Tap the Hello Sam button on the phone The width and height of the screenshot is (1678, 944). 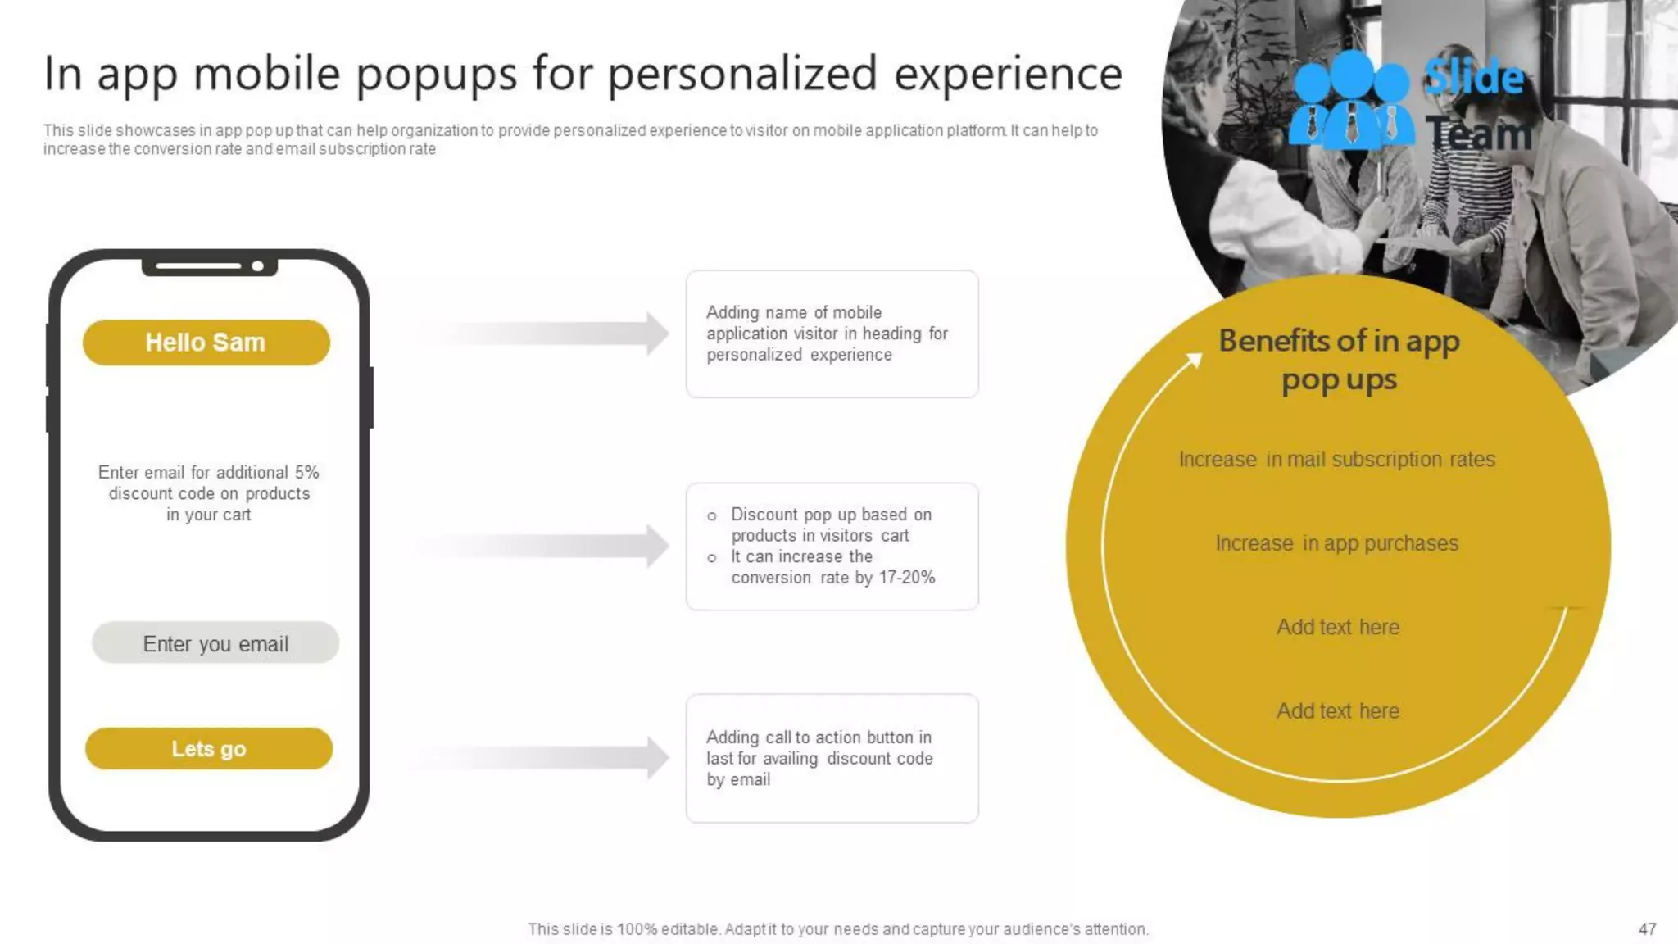(x=206, y=343)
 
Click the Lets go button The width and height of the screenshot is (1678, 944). (x=208, y=748)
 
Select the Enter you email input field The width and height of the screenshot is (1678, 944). (x=215, y=643)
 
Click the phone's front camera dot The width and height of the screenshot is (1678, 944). (x=257, y=266)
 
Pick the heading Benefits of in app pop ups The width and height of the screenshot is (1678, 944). (x=1339, y=360)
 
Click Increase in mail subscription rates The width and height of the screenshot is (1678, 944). (x=1336, y=460)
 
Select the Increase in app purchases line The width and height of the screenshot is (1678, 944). (x=1336, y=543)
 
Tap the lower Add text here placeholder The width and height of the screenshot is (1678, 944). (x=1337, y=711)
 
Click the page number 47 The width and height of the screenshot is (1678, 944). (x=1647, y=929)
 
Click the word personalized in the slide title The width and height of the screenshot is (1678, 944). (x=744, y=75)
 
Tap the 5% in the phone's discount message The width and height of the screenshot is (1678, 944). (x=306, y=473)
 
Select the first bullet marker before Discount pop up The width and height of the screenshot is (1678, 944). (x=712, y=516)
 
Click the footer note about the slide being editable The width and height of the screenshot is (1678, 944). (x=838, y=929)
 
